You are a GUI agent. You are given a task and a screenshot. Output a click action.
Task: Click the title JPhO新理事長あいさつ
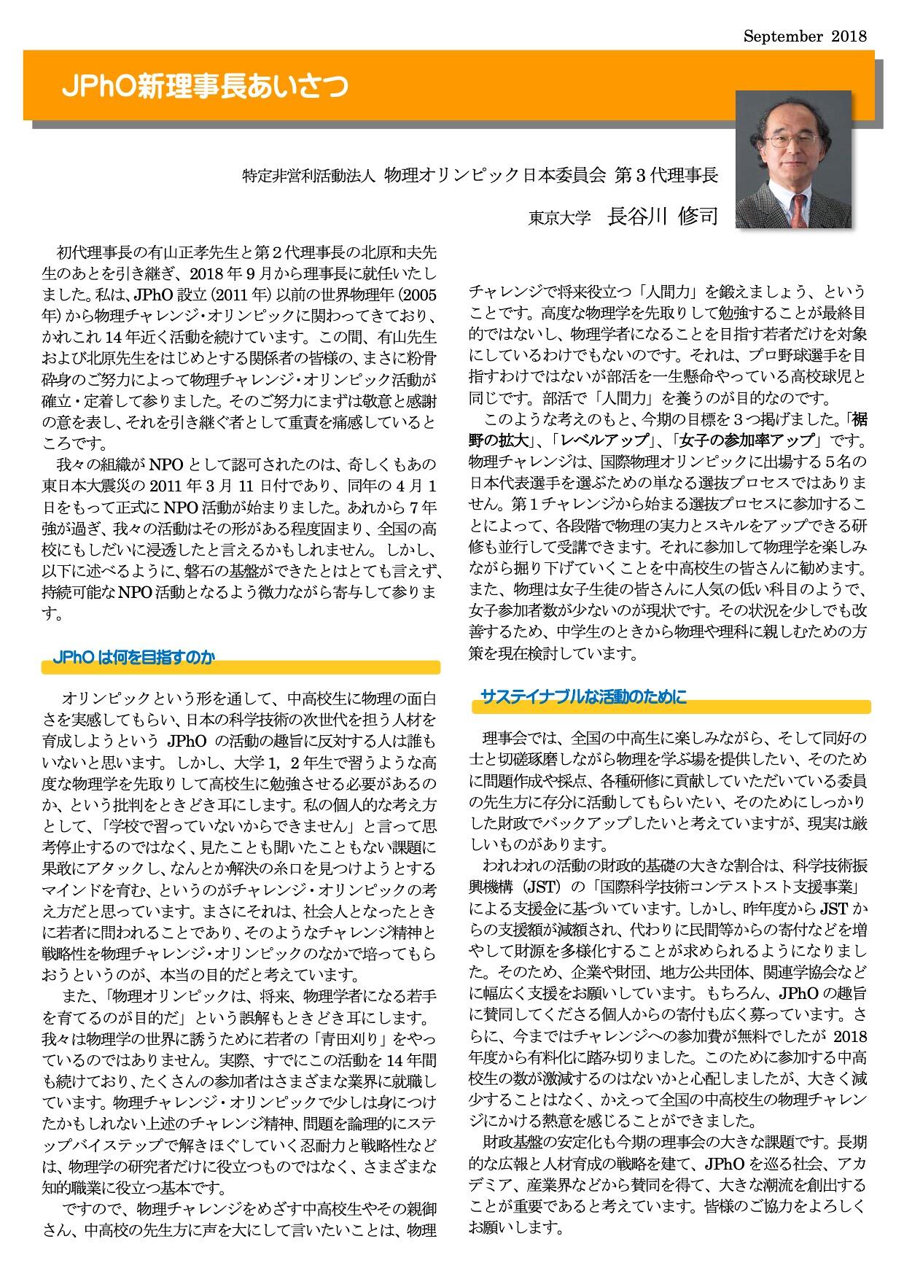tap(205, 87)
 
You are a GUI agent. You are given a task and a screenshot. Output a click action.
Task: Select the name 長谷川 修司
tap(663, 217)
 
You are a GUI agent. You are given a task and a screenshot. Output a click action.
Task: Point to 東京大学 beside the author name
tap(559, 219)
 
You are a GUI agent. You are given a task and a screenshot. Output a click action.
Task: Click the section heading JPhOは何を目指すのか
tap(134, 658)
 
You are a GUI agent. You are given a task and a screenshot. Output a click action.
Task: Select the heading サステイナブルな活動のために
tap(583, 697)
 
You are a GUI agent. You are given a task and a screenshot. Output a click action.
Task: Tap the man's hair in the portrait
tap(791, 109)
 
